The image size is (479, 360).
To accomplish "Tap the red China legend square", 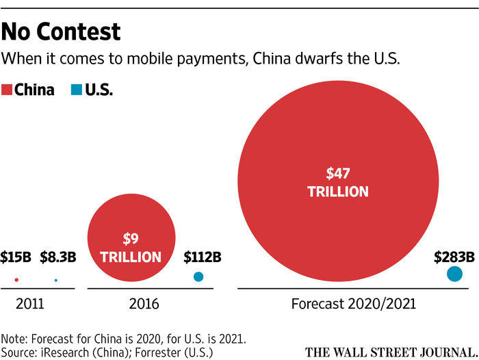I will (x=9, y=90).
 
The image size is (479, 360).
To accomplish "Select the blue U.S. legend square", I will (x=75, y=90).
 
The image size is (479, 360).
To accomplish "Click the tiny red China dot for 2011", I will (x=16, y=281).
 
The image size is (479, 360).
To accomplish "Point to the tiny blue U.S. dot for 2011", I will (x=55, y=281).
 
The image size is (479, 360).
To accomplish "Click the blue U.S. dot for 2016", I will (x=198, y=277).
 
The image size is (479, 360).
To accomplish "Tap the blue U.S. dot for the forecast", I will (x=454, y=274).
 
